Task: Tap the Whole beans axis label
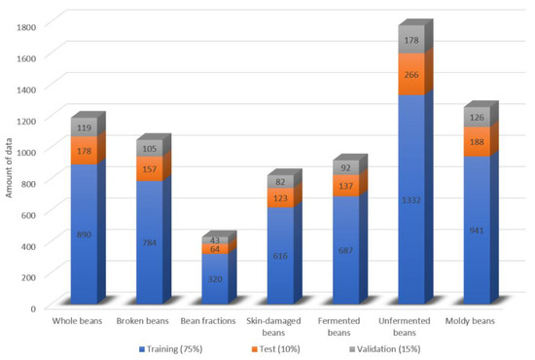tap(87, 321)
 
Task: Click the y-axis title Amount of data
tap(9, 167)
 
